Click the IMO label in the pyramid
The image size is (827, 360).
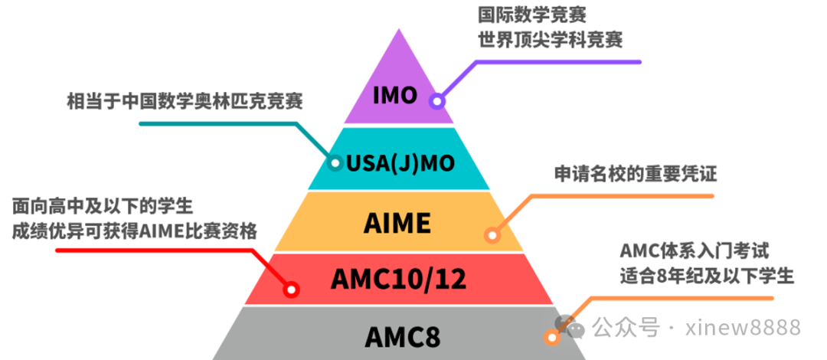click(x=395, y=96)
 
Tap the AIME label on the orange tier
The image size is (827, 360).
click(x=397, y=223)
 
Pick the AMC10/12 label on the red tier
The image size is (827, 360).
click(x=398, y=280)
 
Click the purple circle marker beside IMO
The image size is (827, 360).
click(x=437, y=100)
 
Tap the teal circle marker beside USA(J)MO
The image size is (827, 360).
click(x=335, y=162)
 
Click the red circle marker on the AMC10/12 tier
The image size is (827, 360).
click(x=291, y=290)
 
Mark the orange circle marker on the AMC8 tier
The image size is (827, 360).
click(x=551, y=337)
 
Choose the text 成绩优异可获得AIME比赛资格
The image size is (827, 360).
click(x=134, y=232)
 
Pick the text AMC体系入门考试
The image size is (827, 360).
click(x=694, y=250)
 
